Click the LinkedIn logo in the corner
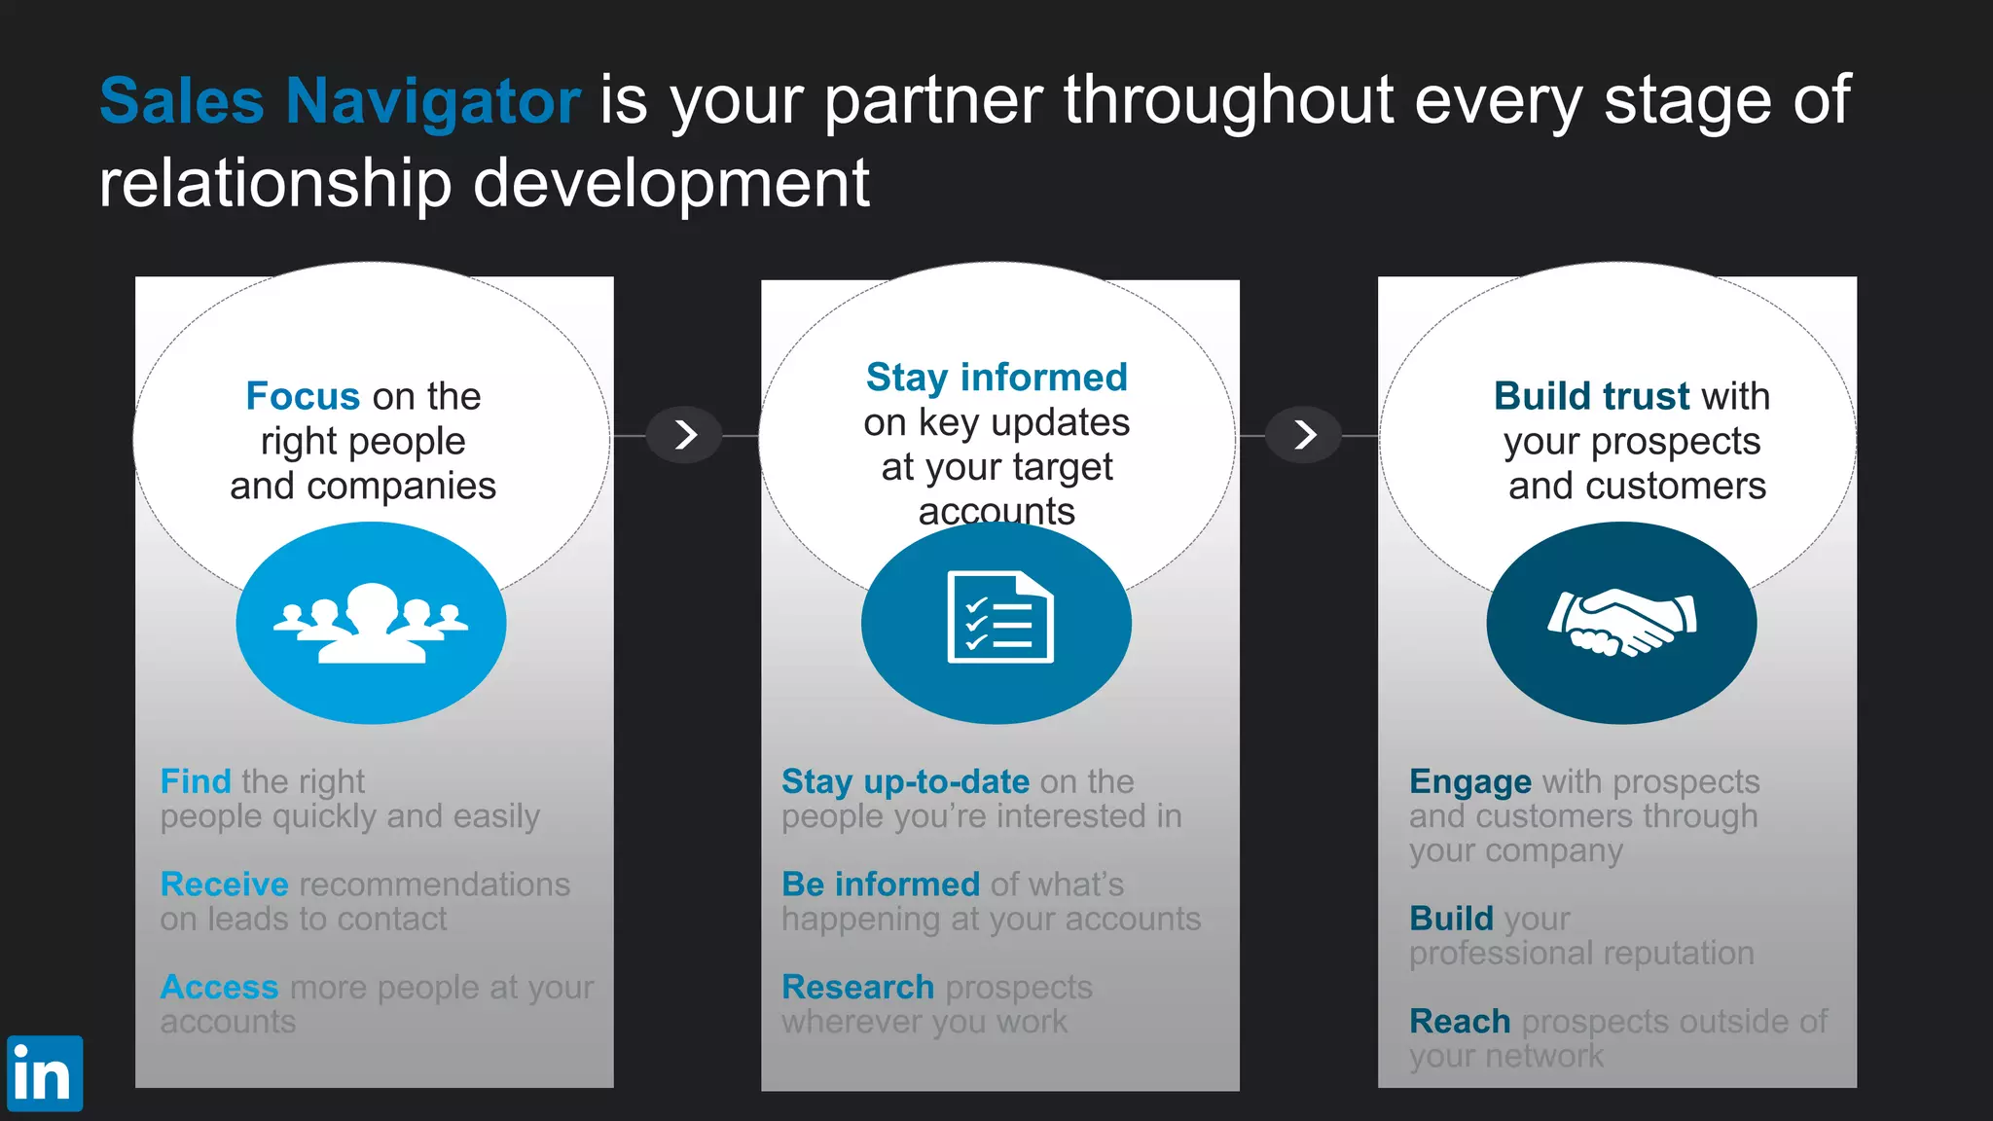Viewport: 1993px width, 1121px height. point(44,1073)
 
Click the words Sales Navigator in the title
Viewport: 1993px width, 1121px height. point(340,101)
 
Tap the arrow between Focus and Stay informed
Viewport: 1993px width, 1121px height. point(686,435)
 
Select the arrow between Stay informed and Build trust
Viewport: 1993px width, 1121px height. point(1305,435)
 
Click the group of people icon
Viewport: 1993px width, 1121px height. point(371,623)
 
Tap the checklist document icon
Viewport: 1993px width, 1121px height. point(998,618)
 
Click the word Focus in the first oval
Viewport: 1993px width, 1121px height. point(303,396)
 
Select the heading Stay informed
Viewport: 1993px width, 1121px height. point(996,377)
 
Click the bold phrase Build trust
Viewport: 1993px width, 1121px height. point(1592,396)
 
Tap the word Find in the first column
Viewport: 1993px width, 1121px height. point(196,781)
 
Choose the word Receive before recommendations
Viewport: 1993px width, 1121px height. point(224,884)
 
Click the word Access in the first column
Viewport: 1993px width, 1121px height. point(219,987)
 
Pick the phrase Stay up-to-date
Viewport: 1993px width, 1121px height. point(905,781)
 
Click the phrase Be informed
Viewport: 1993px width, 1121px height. point(880,884)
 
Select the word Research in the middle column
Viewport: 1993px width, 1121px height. point(857,987)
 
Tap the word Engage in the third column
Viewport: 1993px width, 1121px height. point(1469,781)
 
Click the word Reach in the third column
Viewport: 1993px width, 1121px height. point(1459,1021)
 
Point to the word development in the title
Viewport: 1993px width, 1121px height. point(670,183)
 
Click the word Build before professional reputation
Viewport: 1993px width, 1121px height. point(1450,918)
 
